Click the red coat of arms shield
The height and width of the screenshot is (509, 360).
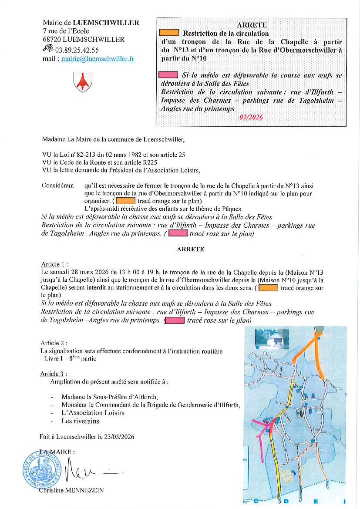pyautogui.click(x=82, y=81)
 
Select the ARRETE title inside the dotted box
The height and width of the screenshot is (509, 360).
pyautogui.click(x=252, y=25)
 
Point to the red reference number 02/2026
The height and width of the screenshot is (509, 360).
pyautogui.click(x=251, y=117)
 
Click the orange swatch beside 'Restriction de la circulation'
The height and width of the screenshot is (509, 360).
pyautogui.click(x=169, y=33)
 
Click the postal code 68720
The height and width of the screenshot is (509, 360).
pyautogui.click(x=52, y=39)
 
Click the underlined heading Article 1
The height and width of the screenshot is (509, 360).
pyautogui.click(x=54, y=264)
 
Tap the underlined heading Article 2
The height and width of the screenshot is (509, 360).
pyautogui.click(x=54, y=343)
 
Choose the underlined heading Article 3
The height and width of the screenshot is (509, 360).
pyautogui.click(x=54, y=374)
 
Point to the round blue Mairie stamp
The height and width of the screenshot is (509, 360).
pyautogui.click(x=42, y=469)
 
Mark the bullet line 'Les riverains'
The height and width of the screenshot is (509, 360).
pyautogui.click(x=80, y=421)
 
